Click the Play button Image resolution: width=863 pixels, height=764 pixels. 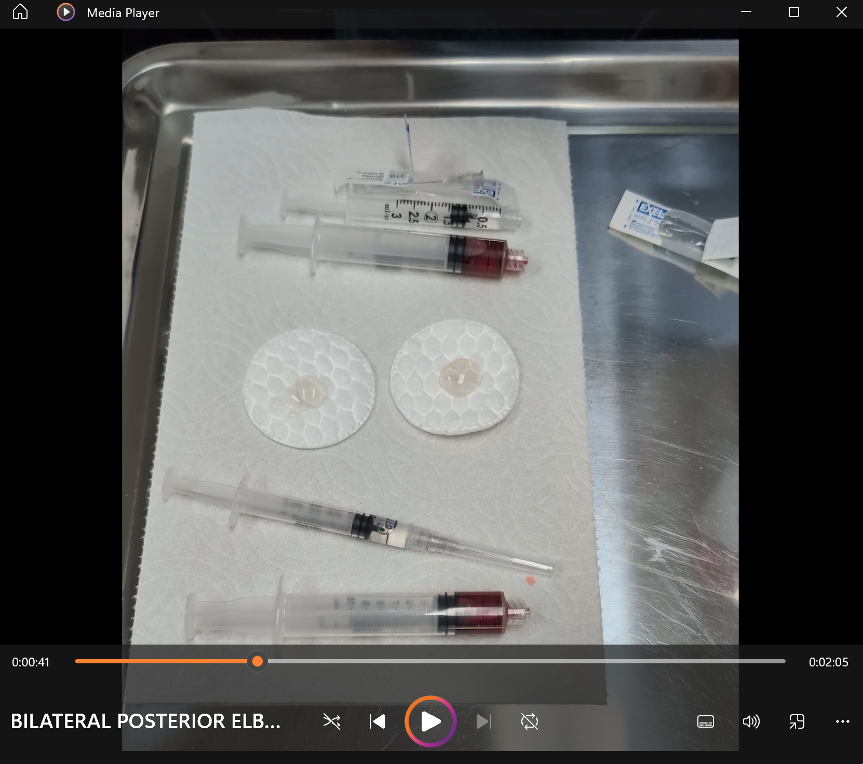click(x=430, y=721)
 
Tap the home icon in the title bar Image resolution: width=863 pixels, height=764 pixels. click(x=20, y=12)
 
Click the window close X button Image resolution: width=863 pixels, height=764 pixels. click(x=841, y=12)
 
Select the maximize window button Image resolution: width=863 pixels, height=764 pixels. click(x=793, y=12)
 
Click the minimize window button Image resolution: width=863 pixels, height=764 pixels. click(x=746, y=12)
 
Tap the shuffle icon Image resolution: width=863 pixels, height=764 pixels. click(x=332, y=721)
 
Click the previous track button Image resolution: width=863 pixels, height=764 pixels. click(x=377, y=721)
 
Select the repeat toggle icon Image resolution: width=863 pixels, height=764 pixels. click(x=530, y=721)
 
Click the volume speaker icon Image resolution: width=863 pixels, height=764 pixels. click(x=751, y=721)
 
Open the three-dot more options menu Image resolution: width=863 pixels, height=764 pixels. click(x=842, y=721)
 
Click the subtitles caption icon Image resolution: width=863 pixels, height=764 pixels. click(x=705, y=721)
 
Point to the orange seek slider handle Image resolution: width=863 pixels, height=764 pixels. click(x=258, y=661)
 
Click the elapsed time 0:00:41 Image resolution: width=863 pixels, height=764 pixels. click(x=31, y=662)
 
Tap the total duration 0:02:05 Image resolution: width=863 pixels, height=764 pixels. click(x=828, y=662)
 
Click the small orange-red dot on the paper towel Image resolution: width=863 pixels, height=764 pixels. click(x=530, y=580)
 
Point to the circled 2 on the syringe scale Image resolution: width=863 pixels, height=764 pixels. click(x=430, y=217)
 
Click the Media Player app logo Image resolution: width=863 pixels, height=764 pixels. click(x=66, y=12)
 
